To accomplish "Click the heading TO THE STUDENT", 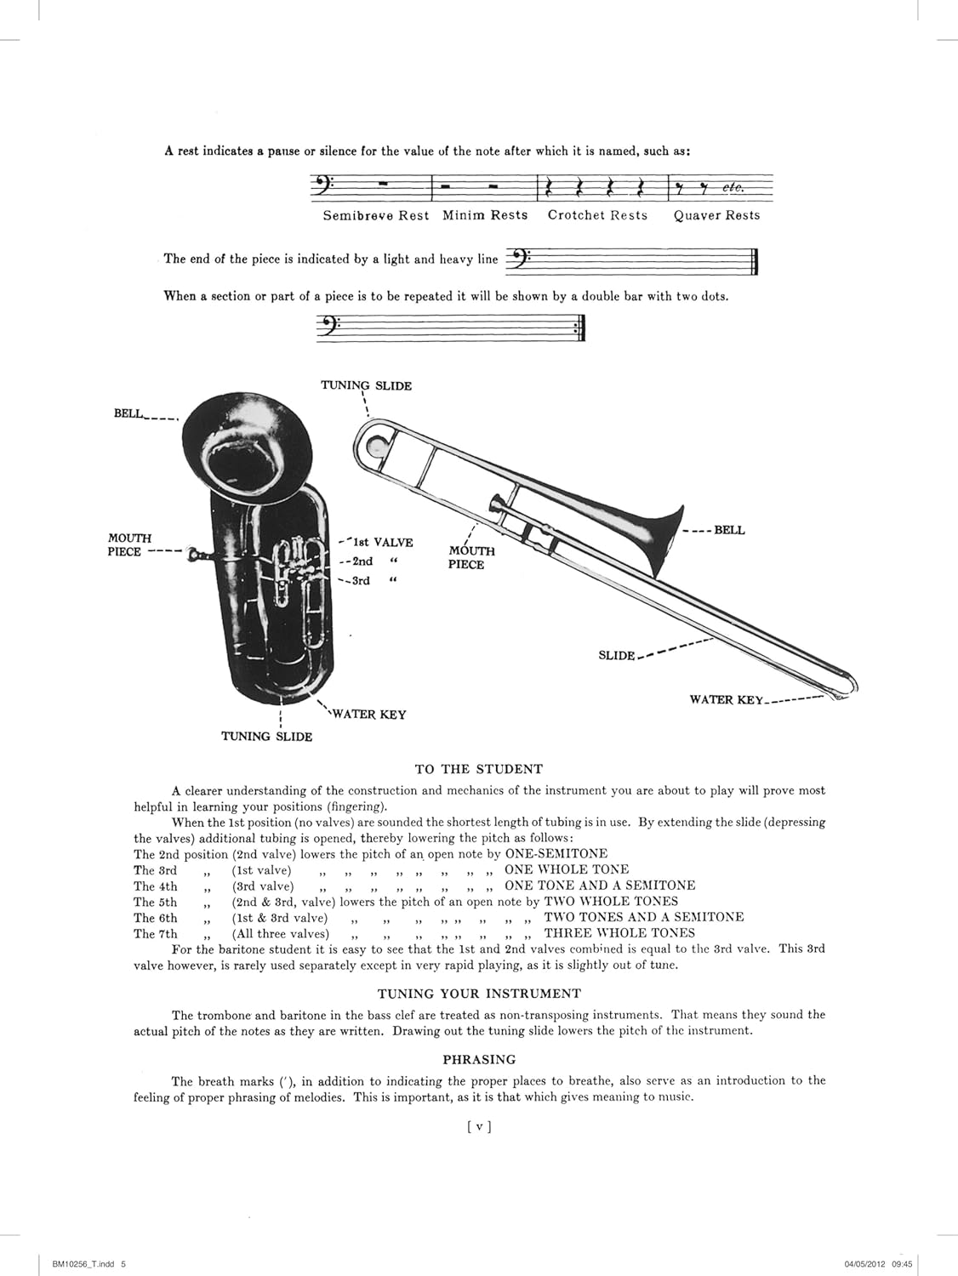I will point(478,769).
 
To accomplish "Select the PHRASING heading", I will point(479,1060).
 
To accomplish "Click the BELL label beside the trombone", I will point(729,530).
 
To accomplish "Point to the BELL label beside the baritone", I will point(128,413).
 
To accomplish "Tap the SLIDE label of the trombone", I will point(617,655).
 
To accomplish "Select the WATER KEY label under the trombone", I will point(727,700).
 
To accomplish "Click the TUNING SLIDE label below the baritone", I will point(266,737).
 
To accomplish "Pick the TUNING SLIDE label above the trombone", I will point(366,386).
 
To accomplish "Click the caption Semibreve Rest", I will point(376,216).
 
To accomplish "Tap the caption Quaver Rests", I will point(716,216).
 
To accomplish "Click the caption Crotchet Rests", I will point(597,215).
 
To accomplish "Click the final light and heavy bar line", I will point(755,261).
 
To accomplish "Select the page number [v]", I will point(479,1127).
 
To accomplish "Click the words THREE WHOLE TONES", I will point(619,933).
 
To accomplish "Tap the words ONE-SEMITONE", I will point(556,853).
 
